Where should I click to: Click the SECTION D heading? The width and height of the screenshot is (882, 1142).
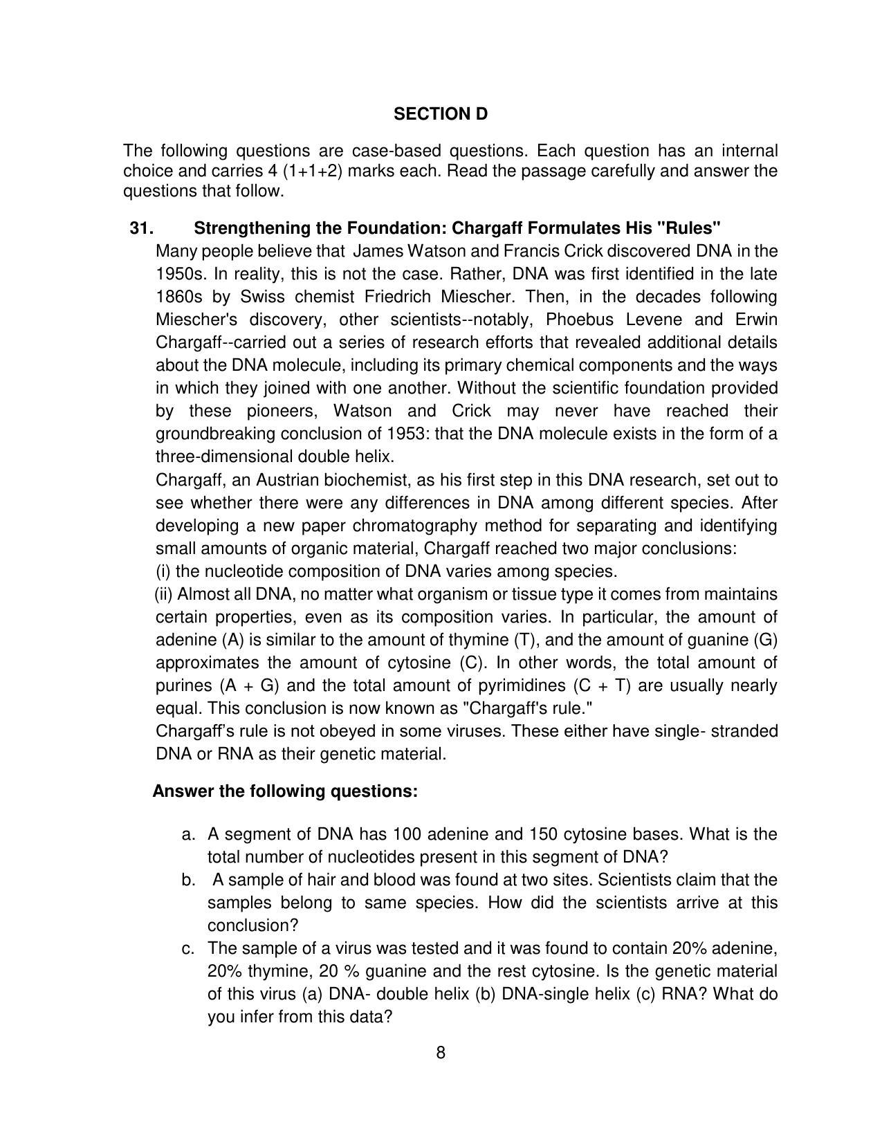pyautogui.click(x=441, y=114)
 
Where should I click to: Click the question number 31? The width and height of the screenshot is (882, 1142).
pyautogui.click(x=141, y=228)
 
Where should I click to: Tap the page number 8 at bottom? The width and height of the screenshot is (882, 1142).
pyautogui.click(x=441, y=1053)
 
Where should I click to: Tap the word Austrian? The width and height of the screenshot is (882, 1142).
pyautogui.click(x=287, y=480)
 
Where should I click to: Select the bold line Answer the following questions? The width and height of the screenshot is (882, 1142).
pyautogui.click(x=285, y=791)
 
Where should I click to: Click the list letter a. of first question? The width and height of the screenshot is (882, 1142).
pyautogui.click(x=188, y=834)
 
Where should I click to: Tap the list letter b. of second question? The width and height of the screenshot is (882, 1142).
pyautogui.click(x=188, y=880)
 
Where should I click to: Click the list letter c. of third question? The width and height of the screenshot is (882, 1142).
pyautogui.click(x=188, y=948)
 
